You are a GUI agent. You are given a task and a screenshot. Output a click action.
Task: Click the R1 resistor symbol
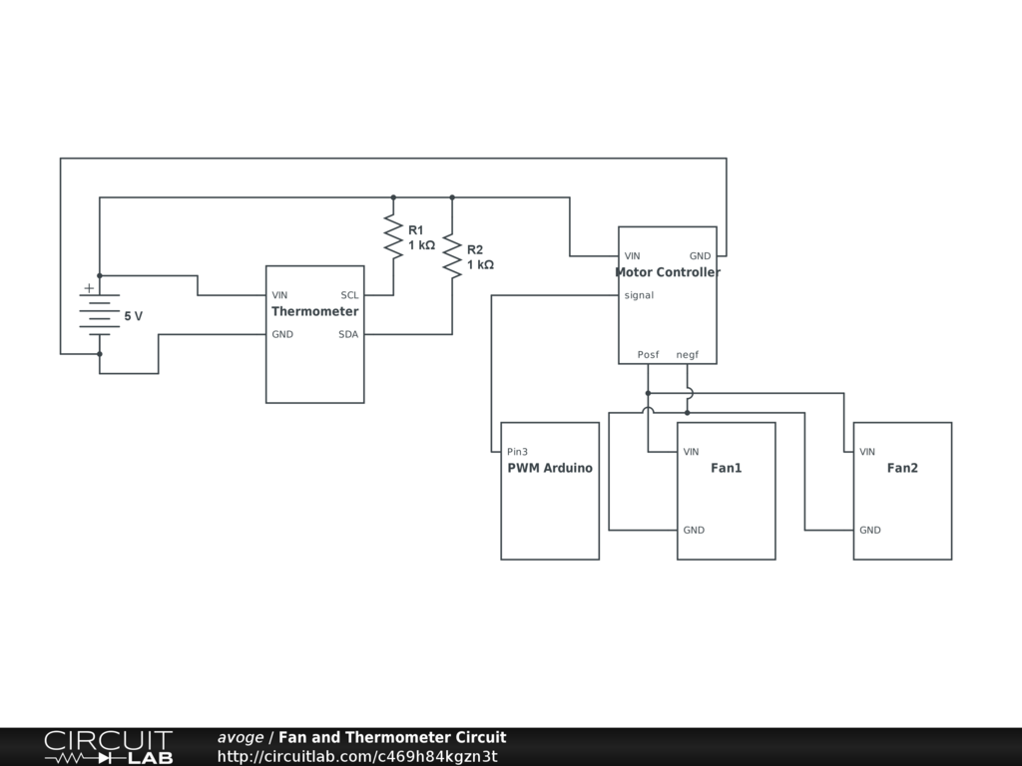tap(393, 237)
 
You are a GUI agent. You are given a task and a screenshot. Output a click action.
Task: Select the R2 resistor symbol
tap(452, 256)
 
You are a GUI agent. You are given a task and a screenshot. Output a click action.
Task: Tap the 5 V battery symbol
tap(99, 315)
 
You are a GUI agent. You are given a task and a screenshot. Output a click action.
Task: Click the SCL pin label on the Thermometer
tap(349, 295)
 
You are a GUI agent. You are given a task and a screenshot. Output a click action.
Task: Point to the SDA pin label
tap(348, 334)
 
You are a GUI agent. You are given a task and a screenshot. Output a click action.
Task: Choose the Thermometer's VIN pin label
tap(279, 295)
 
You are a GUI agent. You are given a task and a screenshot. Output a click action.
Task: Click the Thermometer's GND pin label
tap(282, 334)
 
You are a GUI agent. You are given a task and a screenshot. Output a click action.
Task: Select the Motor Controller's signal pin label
tap(639, 295)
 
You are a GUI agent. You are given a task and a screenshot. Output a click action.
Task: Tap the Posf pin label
tap(648, 354)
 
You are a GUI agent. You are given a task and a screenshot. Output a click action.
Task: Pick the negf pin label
tap(688, 354)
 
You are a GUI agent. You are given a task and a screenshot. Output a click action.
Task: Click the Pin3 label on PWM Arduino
tap(518, 452)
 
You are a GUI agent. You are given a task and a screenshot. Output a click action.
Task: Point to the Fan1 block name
tap(727, 468)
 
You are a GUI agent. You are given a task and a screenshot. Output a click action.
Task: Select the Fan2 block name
tap(902, 468)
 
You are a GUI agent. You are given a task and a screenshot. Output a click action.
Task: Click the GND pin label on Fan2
tap(870, 530)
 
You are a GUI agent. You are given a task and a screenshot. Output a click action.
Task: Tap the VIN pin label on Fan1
tap(691, 452)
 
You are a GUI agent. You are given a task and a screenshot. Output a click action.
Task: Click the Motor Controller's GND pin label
tap(701, 256)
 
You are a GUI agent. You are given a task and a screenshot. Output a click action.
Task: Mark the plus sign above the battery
tap(89, 288)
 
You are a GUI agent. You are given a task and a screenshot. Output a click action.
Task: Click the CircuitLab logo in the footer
tap(108, 747)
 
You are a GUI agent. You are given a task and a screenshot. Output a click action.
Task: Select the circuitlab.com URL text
tap(356, 756)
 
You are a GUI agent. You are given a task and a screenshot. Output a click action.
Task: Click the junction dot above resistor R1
tap(393, 197)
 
